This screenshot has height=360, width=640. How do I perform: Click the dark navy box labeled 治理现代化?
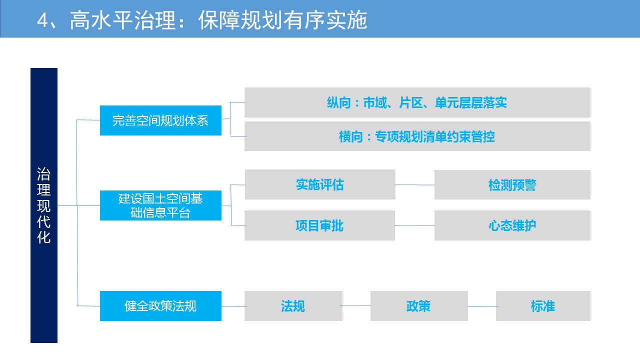click(44, 205)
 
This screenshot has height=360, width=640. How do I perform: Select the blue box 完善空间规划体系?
click(160, 120)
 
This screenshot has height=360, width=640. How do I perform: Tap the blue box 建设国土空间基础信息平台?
click(160, 205)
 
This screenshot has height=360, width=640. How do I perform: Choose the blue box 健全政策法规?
click(160, 306)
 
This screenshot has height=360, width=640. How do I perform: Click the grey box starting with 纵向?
click(417, 102)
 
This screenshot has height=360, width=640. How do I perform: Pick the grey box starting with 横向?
click(417, 136)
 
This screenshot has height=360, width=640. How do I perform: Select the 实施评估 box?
click(320, 184)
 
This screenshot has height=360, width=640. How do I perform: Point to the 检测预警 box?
click(512, 184)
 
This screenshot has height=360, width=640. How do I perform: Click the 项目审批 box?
click(319, 225)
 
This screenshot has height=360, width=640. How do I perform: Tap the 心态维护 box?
click(512, 225)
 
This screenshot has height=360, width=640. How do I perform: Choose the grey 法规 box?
click(293, 306)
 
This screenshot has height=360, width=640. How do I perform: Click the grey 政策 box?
click(419, 306)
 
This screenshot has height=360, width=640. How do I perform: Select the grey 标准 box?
click(543, 306)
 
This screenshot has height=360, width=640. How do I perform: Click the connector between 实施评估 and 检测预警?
click(415, 185)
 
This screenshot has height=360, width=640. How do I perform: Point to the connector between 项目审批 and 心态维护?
click(415, 225)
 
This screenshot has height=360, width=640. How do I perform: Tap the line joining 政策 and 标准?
click(483, 306)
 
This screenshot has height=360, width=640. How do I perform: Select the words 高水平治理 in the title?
click(122, 20)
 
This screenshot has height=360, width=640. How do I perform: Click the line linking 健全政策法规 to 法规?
click(233, 306)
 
